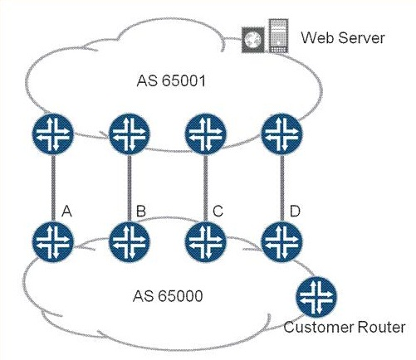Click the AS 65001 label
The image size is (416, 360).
click(x=171, y=81)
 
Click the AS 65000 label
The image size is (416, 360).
click(x=168, y=296)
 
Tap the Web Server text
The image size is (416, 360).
click(x=343, y=37)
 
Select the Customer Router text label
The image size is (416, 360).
click(x=345, y=328)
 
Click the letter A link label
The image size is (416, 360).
click(x=66, y=212)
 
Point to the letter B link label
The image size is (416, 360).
click(x=141, y=212)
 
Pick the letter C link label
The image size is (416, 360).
click(x=218, y=212)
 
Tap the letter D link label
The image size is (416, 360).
click(x=295, y=212)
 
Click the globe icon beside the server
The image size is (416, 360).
click(x=252, y=40)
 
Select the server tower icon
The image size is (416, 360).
click(x=278, y=36)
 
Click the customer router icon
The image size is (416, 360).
click(x=316, y=298)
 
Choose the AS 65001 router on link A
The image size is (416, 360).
click(x=53, y=134)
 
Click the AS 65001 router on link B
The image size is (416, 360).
click(x=130, y=134)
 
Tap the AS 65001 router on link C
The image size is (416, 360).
click(x=206, y=134)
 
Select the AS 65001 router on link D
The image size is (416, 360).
click(x=281, y=134)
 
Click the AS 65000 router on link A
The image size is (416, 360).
click(x=53, y=241)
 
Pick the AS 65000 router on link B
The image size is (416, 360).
click(x=130, y=241)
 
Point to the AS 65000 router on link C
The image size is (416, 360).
click(x=206, y=241)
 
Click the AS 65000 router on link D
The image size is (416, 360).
click(x=281, y=241)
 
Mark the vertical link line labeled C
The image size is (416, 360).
click(x=206, y=188)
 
